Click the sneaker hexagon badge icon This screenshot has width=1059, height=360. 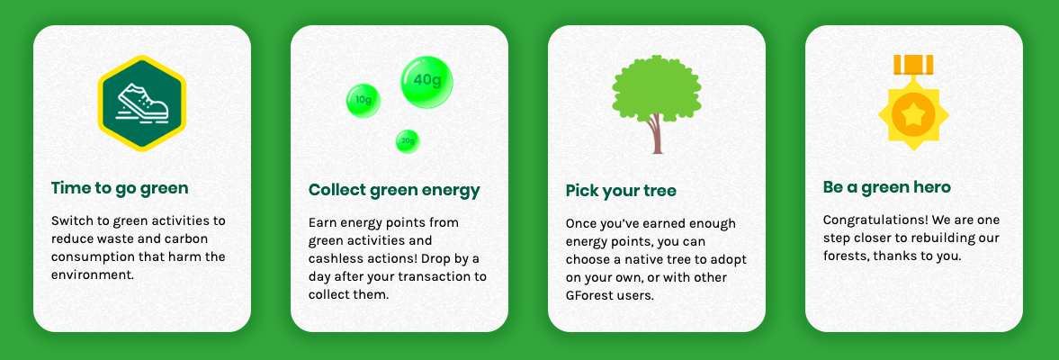[x=142, y=103]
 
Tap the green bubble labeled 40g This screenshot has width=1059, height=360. [x=426, y=82]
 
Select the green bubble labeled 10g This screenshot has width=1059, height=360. [x=363, y=101]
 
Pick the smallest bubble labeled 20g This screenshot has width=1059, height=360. [x=408, y=141]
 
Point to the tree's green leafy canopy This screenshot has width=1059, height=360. [x=657, y=88]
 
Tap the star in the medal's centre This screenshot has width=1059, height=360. [x=913, y=115]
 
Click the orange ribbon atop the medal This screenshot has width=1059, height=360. [x=913, y=65]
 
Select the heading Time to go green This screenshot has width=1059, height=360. [x=120, y=188]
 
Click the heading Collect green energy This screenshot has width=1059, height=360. [x=394, y=190]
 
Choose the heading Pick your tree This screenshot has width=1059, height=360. [x=621, y=191]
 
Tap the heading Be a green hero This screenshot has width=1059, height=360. [x=887, y=187]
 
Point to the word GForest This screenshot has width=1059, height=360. [x=591, y=295]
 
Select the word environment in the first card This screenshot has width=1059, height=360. [x=92, y=275]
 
